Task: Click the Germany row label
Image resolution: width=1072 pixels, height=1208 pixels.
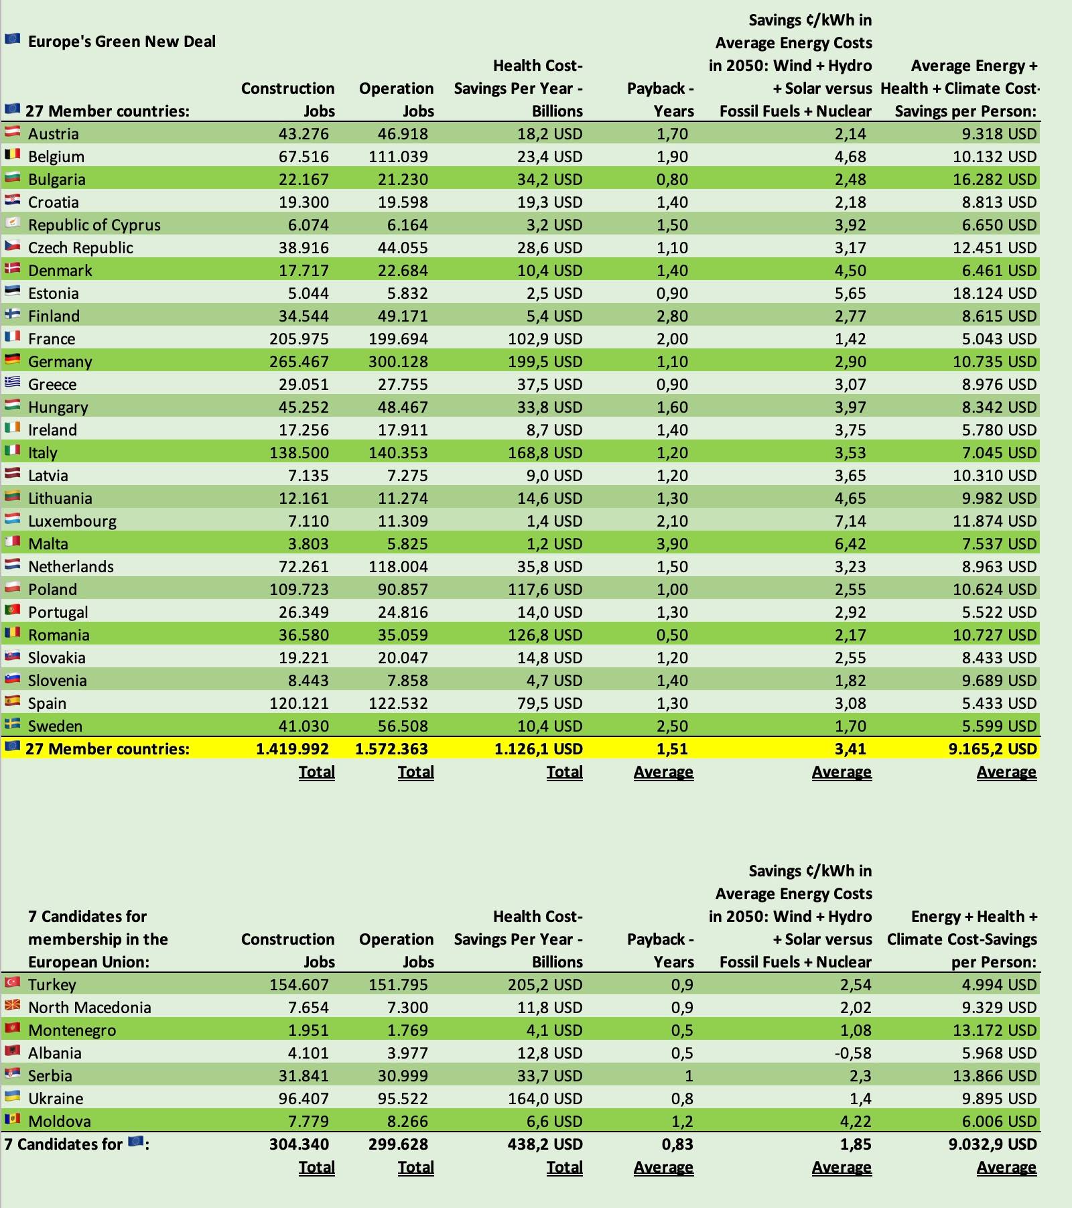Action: pos(60,362)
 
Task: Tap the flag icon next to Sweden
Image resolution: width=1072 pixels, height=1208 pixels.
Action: pos(12,725)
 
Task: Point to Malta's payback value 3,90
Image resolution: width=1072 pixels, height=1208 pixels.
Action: pos(672,544)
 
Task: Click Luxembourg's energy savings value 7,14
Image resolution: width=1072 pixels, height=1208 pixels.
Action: pos(850,521)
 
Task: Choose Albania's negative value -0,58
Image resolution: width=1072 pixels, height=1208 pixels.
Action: pos(853,1053)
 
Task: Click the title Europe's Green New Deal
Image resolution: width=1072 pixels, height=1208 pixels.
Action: pos(121,42)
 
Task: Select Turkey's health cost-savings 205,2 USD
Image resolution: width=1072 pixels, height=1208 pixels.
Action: pos(545,985)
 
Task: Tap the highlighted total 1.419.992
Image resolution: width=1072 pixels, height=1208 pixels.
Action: pos(292,749)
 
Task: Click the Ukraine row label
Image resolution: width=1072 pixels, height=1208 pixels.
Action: pos(56,1099)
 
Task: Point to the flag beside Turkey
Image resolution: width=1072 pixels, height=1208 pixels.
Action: pos(12,984)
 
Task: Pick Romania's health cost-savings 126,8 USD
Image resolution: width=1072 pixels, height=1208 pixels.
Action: pos(545,635)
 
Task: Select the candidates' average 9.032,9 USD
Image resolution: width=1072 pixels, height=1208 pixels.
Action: pos(992,1144)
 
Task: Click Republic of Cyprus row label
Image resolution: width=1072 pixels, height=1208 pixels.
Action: pos(94,225)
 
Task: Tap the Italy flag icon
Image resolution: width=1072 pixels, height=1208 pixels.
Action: pos(12,452)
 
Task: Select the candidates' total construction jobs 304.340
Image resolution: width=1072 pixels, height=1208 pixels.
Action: pos(299,1144)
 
